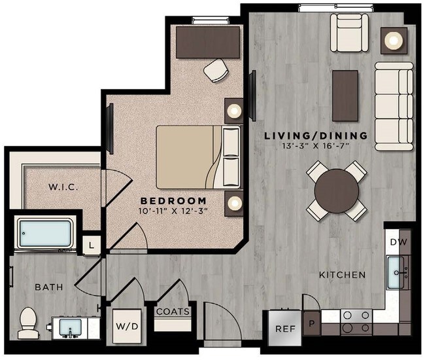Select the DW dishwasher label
(x=398, y=242)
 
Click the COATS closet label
(x=173, y=312)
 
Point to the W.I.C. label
(x=63, y=187)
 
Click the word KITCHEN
(x=342, y=275)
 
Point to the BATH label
(x=49, y=287)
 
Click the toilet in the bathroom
(x=28, y=323)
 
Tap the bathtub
(x=45, y=234)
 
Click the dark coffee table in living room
(x=345, y=96)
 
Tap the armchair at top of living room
(x=348, y=33)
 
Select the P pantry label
(x=312, y=324)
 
